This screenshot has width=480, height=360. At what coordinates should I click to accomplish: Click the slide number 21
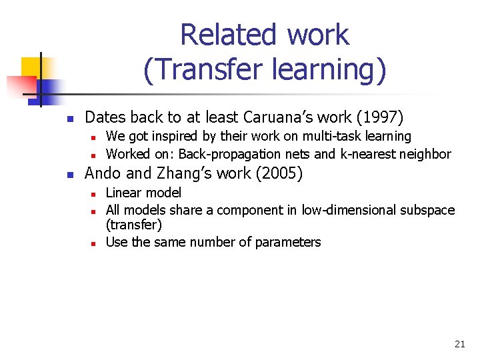tap(459, 344)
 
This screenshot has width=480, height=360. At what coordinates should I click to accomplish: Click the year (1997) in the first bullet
tap(380, 117)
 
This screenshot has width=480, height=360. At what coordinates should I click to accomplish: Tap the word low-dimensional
tap(349, 210)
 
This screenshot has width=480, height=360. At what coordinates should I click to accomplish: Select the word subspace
tap(427, 210)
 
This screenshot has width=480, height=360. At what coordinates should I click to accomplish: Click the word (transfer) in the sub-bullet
tap(134, 225)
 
